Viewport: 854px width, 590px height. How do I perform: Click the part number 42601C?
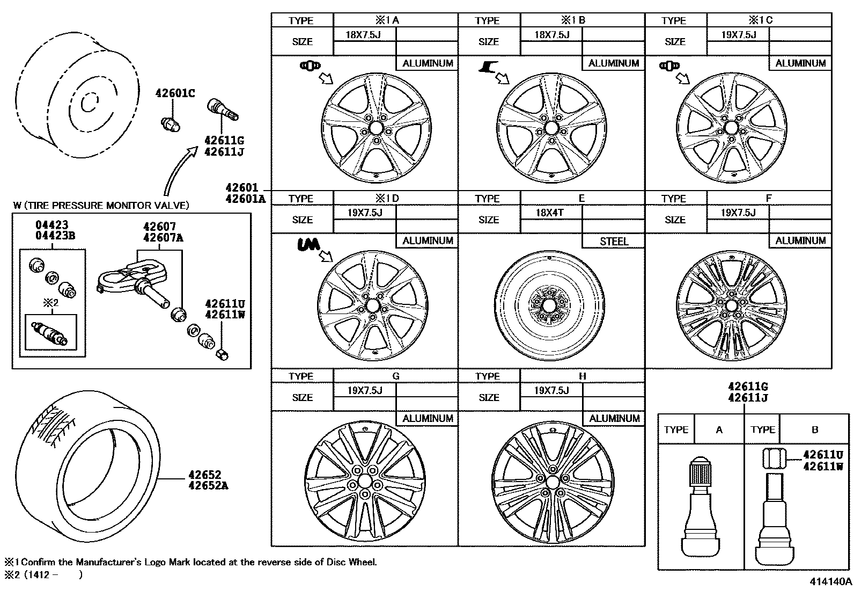click(175, 93)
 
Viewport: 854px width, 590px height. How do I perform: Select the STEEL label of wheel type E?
click(614, 242)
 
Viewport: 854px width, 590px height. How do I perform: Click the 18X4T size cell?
click(550, 212)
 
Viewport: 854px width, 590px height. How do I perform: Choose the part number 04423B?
click(52, 235)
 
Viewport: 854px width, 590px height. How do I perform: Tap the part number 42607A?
click(159, 237)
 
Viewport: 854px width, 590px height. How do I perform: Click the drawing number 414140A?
click(831, 581)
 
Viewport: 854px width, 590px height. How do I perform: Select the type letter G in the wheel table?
click(396, 376)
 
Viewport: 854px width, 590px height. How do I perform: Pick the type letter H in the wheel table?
click(582, 376)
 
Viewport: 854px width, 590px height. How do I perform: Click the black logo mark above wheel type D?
click(308, 245)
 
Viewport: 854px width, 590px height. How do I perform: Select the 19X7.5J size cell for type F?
click(738, 212)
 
